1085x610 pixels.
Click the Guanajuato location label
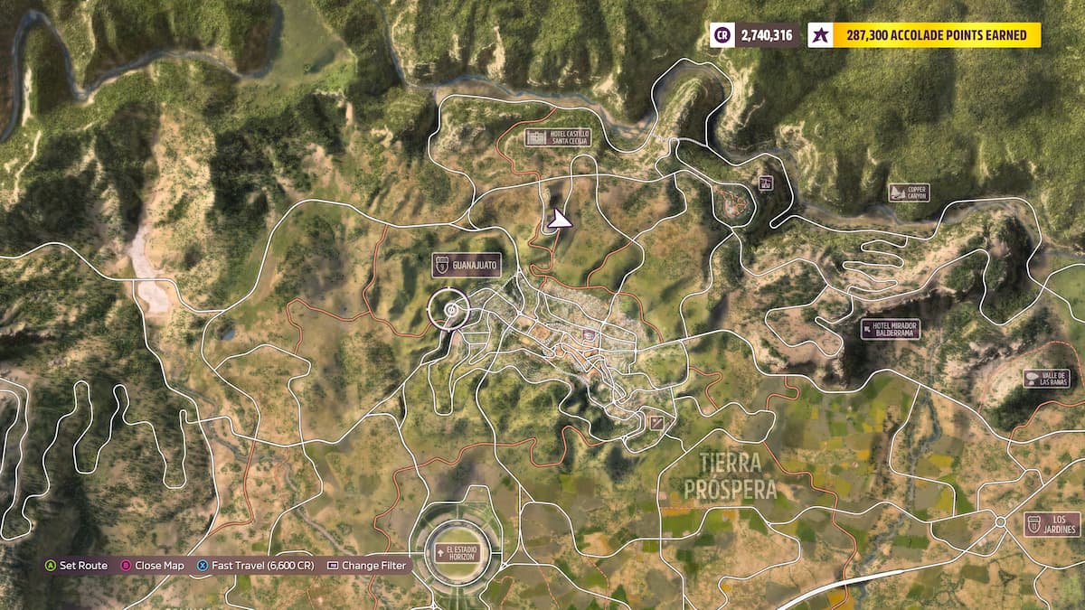pos(466,264)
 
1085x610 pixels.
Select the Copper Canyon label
pos(909,192)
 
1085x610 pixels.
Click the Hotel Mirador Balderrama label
pos(891,329)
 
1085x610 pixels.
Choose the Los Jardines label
pos(1052,524)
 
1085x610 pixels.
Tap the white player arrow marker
pos(560,219)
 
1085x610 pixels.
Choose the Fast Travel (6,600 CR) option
pos(255,566)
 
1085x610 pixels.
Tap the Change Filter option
pos(366,566)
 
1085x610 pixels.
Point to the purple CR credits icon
pos(722,35)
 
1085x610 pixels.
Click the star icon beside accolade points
pos(819,35)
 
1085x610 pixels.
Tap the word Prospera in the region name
pos(731,490)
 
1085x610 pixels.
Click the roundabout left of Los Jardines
pos(1000,522)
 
